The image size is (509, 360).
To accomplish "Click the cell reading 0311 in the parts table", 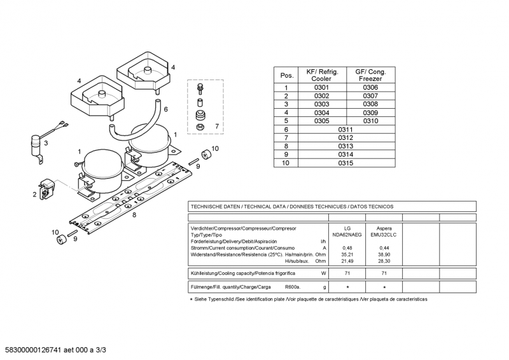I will (345, 129).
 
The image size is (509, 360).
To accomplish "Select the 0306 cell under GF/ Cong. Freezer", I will (370, 88).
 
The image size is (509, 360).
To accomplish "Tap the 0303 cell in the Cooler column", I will (322, 104).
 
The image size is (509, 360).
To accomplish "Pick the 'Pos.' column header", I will (287, 76).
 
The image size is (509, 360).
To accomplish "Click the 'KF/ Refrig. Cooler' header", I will (322, 75).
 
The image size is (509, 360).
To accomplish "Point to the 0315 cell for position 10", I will (345, 163).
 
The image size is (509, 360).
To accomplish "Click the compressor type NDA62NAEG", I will (347, 235).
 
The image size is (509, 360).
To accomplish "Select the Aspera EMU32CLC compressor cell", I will (384, 232).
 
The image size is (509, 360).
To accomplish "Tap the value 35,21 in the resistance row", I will (347, 254).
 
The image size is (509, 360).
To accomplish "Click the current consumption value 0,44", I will (384, 248).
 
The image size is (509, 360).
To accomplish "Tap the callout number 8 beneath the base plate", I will (134, 215).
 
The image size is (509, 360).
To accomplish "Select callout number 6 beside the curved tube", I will (165, 109).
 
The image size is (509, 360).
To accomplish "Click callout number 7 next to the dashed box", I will (216, 127).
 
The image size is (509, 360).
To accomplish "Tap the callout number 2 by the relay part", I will (34, 195).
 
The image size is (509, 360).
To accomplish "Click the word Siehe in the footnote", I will (203, 299).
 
